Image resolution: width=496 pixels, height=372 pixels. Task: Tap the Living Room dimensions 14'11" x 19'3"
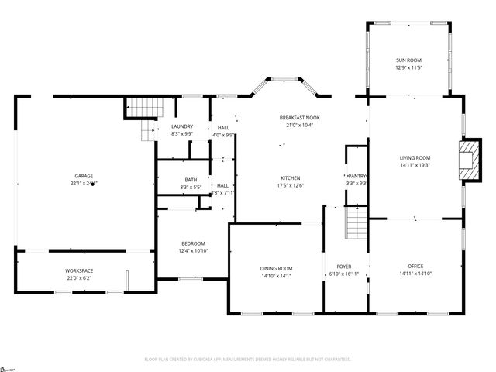pyautogui.click(x=415, y=164)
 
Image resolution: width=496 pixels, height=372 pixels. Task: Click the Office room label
pyautogui.click(x=415, y=267)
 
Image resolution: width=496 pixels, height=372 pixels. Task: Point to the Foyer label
pyautogui.click(x=343, y=267)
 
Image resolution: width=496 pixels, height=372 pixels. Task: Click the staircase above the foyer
pyautogui.click(x=355, y=225)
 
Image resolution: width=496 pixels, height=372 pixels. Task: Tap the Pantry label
pyautogui.click(x=356, y=176)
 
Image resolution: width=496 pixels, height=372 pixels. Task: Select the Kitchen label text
pyautogui.click(x=291, y=177)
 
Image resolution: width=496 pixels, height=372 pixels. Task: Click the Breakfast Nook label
pyautogui.click(x=299, y=117)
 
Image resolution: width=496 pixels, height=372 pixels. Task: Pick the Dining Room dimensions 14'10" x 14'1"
pyautogui.click(x=275, y=275)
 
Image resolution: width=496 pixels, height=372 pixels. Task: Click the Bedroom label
pyautogui.click(x=193, y=243)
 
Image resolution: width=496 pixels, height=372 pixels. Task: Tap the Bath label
pyautogui.click(x=191, y=180)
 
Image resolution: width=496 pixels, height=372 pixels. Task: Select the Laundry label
pyautogui.click(x=182, y=127)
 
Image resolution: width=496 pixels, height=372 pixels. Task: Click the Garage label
pyautogui.click(x=84, y=176)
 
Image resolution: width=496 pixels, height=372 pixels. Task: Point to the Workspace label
pyautogui.click(x=79, y=271)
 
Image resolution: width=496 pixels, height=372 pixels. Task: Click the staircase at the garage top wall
pyautogui.click(x=140, y=108)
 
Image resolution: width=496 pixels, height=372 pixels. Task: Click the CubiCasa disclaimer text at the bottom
pyautogui.click(x=248, y=360)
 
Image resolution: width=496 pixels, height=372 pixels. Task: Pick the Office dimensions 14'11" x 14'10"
pyautogui.click(x=415, y=274)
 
